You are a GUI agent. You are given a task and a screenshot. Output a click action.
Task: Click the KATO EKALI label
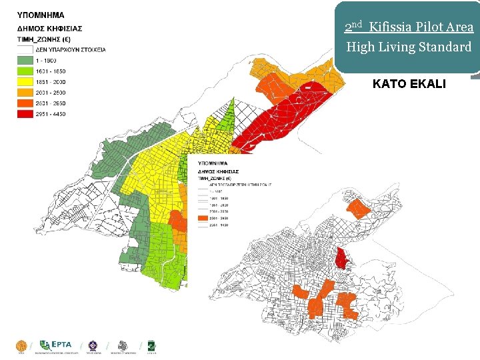(410, 85)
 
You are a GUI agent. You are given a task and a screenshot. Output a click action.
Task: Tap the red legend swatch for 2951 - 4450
(25, 114)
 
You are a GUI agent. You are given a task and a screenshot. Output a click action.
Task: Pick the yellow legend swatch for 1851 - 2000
(25, 81)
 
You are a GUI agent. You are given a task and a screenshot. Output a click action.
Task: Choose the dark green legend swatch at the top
(25, 60)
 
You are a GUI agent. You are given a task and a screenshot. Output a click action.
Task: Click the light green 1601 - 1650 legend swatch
(25, 71)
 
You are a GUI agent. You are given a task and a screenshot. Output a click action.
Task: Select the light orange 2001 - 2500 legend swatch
(25, 93)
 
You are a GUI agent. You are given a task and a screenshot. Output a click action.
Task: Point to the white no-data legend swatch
(25, 49)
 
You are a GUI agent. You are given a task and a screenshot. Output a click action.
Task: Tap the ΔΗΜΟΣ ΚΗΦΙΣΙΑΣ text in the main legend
(49, 28)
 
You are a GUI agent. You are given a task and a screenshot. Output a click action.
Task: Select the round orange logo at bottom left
(21, 345)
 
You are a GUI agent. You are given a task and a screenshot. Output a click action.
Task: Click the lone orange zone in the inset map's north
(360, 209)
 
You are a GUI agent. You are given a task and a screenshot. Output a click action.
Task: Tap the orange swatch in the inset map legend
(203, 217)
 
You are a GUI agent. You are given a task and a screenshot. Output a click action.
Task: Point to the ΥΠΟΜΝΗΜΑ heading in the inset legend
(213, 162)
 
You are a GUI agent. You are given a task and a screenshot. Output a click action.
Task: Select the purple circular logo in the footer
(93, 345)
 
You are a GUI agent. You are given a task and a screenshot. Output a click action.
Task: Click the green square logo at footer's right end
(152, 345)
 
